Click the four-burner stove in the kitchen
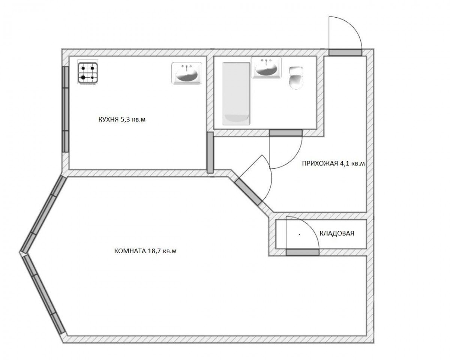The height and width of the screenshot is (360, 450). pos(88,72)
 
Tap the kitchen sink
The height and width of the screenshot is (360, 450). pos(187,73)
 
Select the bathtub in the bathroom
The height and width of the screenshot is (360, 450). pos(236,93)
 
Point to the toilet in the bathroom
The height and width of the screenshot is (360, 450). pos(296,78)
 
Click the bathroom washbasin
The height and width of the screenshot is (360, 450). pos(266,67)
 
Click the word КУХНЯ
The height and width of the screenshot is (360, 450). pos(108,120)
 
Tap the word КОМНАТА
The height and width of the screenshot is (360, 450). pos(130,251)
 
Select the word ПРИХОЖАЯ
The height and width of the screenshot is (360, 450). pos(320,163)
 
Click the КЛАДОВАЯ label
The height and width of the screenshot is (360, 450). pos(337,233)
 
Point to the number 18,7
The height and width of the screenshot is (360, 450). pos(154,251)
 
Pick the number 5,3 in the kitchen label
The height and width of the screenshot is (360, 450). pos(125,120)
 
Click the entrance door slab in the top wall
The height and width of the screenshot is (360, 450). pos(345,52)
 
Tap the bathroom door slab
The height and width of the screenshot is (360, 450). pos(286,133)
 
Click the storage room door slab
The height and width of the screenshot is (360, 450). pos(303,252)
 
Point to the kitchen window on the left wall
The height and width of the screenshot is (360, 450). pos(66,109)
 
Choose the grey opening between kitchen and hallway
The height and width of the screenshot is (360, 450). pos(210,153)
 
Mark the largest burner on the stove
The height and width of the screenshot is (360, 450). pos(83,77)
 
